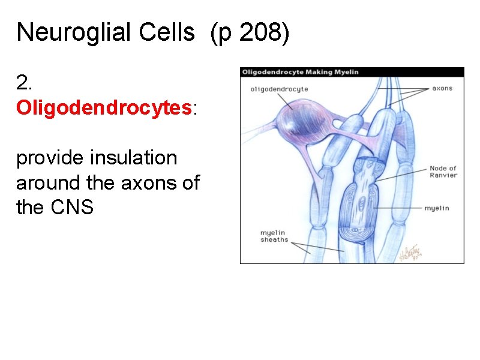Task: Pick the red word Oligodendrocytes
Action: click(104, 108)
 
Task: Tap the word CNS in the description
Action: click(72, 208)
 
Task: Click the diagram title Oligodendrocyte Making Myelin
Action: click(300, 72)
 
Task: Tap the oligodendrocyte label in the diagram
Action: click(279, 89)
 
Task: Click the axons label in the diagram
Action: click(442, 88)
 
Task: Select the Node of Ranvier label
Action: click(443, 172)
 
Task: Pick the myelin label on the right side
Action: click(437, 208)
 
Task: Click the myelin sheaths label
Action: click(274, 236)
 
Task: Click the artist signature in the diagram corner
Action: click(412, 251)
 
